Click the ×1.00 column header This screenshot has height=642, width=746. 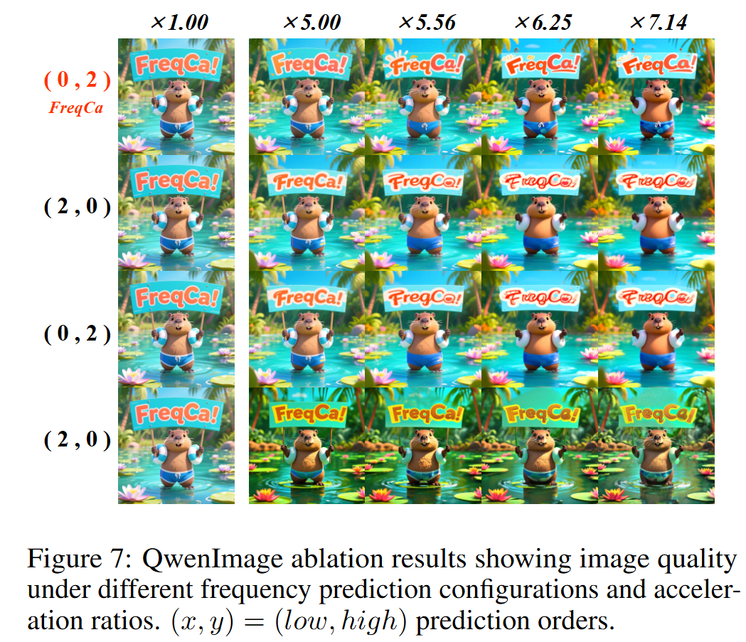[179, 22]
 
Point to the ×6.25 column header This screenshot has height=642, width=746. [542, 22]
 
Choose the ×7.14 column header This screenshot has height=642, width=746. [659, 22]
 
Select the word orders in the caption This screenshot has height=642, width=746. [575, 621]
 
